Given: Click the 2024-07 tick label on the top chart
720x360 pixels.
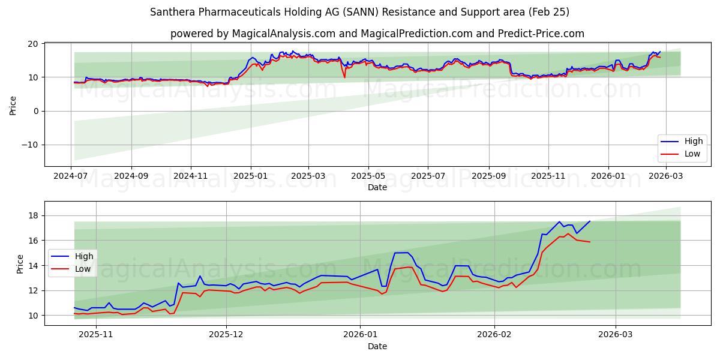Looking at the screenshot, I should click(x=71, y=176).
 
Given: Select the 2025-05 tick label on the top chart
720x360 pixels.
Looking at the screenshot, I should click(x=368, y=176).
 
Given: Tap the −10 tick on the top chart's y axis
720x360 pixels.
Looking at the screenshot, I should click(x=29, y=145).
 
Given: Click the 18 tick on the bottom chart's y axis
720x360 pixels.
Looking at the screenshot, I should click(x=34, y=215).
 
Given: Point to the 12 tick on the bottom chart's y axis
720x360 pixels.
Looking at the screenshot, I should click(x=34, y=290).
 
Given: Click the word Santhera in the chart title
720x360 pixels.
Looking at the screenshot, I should click(x=170, y=12).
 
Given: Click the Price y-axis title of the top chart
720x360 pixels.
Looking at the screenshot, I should click(x=13, y=104).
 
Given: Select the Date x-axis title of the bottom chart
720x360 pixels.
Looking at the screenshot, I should click(x=377, y=346).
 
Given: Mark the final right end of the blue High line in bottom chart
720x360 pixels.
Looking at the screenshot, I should click(x=590, y=221).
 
